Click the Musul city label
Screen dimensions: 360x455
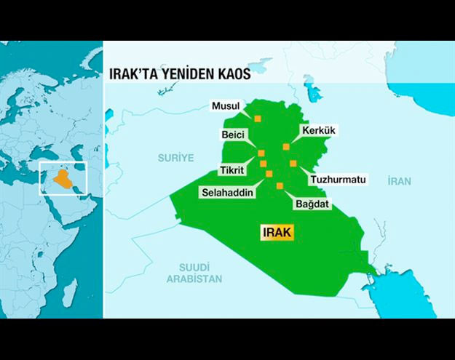click(226, 106)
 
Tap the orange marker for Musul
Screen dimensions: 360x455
click(257, 118)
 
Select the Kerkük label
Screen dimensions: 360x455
click(319, 130)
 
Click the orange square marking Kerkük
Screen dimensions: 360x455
click(286, 146)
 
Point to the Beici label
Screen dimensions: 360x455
click(234, 135)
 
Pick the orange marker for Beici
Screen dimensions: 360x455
click(261, 153)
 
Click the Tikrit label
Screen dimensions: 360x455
click(233, 172)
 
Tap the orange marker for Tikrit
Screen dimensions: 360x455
click(263, 164)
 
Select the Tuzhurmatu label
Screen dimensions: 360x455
click(338, 179)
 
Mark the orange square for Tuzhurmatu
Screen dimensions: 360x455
click(293, 163)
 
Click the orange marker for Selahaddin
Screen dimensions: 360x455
click(269, 173)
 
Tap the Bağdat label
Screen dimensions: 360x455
click(312, 204)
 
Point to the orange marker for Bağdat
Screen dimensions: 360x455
click(280, 185)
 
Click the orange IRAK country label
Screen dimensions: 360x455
click(277, 233)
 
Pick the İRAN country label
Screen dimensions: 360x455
click(400, 180)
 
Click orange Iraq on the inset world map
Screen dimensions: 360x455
click(62, 177)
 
